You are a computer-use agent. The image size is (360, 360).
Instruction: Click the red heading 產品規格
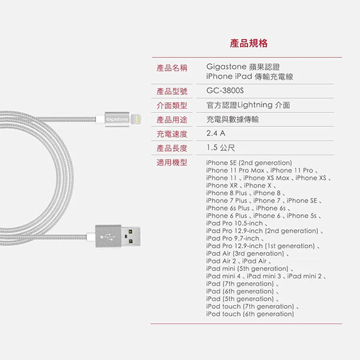[249, 43]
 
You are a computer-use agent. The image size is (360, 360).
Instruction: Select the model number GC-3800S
[225, 91]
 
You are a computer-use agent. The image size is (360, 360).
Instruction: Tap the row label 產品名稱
[172, 68]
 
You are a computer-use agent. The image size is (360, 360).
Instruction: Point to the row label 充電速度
[172, 134]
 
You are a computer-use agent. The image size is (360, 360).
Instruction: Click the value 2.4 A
[215, 133]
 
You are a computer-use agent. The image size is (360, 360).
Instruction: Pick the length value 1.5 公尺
[220, 148]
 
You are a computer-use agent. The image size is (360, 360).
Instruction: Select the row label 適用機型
[172, 162]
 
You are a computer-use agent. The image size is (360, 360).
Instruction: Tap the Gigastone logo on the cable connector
[117, 119]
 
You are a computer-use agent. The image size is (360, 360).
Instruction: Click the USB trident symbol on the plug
[108, 236]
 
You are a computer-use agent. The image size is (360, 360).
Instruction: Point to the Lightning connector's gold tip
[137, 119]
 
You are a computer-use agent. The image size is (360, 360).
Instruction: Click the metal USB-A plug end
[131, 236]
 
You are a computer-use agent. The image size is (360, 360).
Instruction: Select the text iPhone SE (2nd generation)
[249, 163]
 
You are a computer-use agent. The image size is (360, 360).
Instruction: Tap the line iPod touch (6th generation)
[250, 314]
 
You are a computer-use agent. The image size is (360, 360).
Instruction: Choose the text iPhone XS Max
[266, 178]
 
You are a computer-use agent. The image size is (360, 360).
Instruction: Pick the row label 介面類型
[172, 105]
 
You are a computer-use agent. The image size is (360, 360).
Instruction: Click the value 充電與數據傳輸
[232, 119]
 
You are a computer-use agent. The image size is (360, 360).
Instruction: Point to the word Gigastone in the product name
[226, 67]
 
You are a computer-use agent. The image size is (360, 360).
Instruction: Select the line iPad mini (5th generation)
[247, 268]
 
